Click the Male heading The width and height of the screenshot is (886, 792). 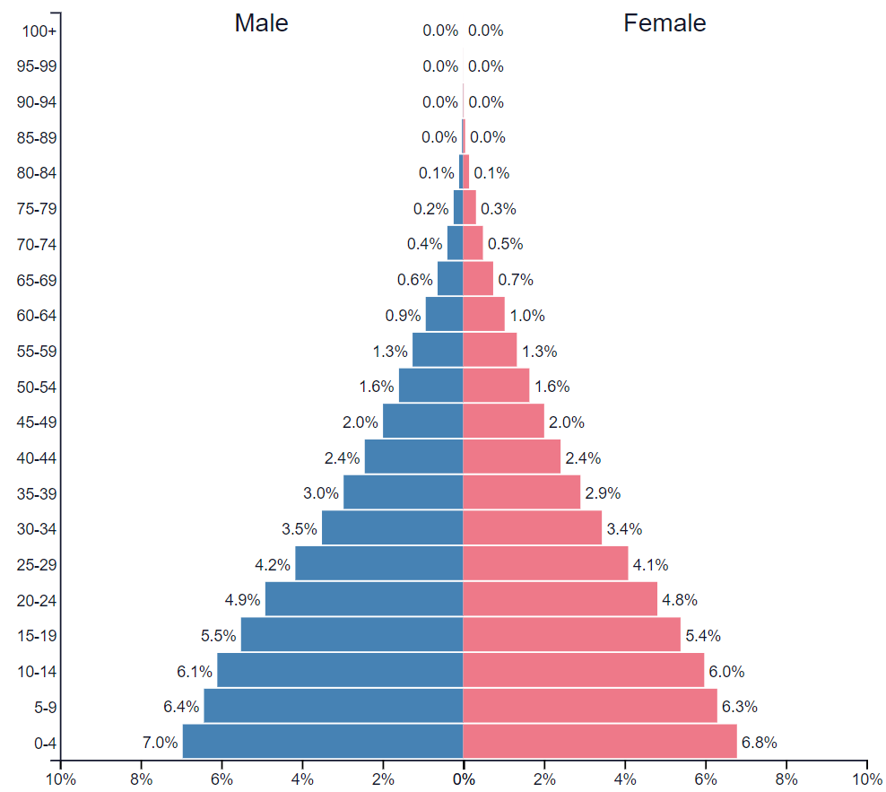click(261, 23)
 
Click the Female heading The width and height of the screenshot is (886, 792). click(664, 23)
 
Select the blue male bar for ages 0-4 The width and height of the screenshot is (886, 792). click(323, 742)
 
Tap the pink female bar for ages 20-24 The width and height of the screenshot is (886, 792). click(560, 599)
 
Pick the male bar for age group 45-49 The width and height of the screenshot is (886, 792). click(422, 422)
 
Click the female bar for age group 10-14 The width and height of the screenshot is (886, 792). click(583, 671)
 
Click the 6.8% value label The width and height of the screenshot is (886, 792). click(759, 743)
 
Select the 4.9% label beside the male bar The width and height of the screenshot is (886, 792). click(242, 599)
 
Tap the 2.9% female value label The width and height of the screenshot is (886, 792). click(603, 492)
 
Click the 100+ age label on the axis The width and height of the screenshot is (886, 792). click(39, 31)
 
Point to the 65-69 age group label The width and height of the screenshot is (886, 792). click(37, 280)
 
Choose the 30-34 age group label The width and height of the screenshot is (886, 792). click(37, 529)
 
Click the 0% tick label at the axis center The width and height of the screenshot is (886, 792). click(463, 779)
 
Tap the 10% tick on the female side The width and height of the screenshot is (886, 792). click(866, 779)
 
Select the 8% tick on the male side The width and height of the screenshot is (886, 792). click(141, 779)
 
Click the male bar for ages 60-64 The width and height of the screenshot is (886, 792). click(444, 315)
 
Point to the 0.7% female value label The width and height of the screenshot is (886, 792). click(516, 280)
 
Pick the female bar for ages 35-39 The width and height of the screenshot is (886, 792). click(521, 492)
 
